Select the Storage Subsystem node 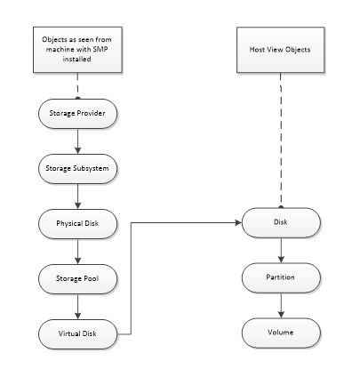click(78, 167)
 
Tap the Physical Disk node click(78, 222)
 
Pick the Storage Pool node click(78, 278)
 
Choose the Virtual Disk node click(78, 334)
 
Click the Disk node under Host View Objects click(281, 222)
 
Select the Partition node click(281, 278)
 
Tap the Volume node click(281, 334)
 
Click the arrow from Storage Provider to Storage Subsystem click(78, 140)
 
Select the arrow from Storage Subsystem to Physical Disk click(78, 195)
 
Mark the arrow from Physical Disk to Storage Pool click(78, 251)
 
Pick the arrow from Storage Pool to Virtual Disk click(78, 306)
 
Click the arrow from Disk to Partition click(281, 251)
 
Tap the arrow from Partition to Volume click(281, 306)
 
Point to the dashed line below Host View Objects click(281, 142)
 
